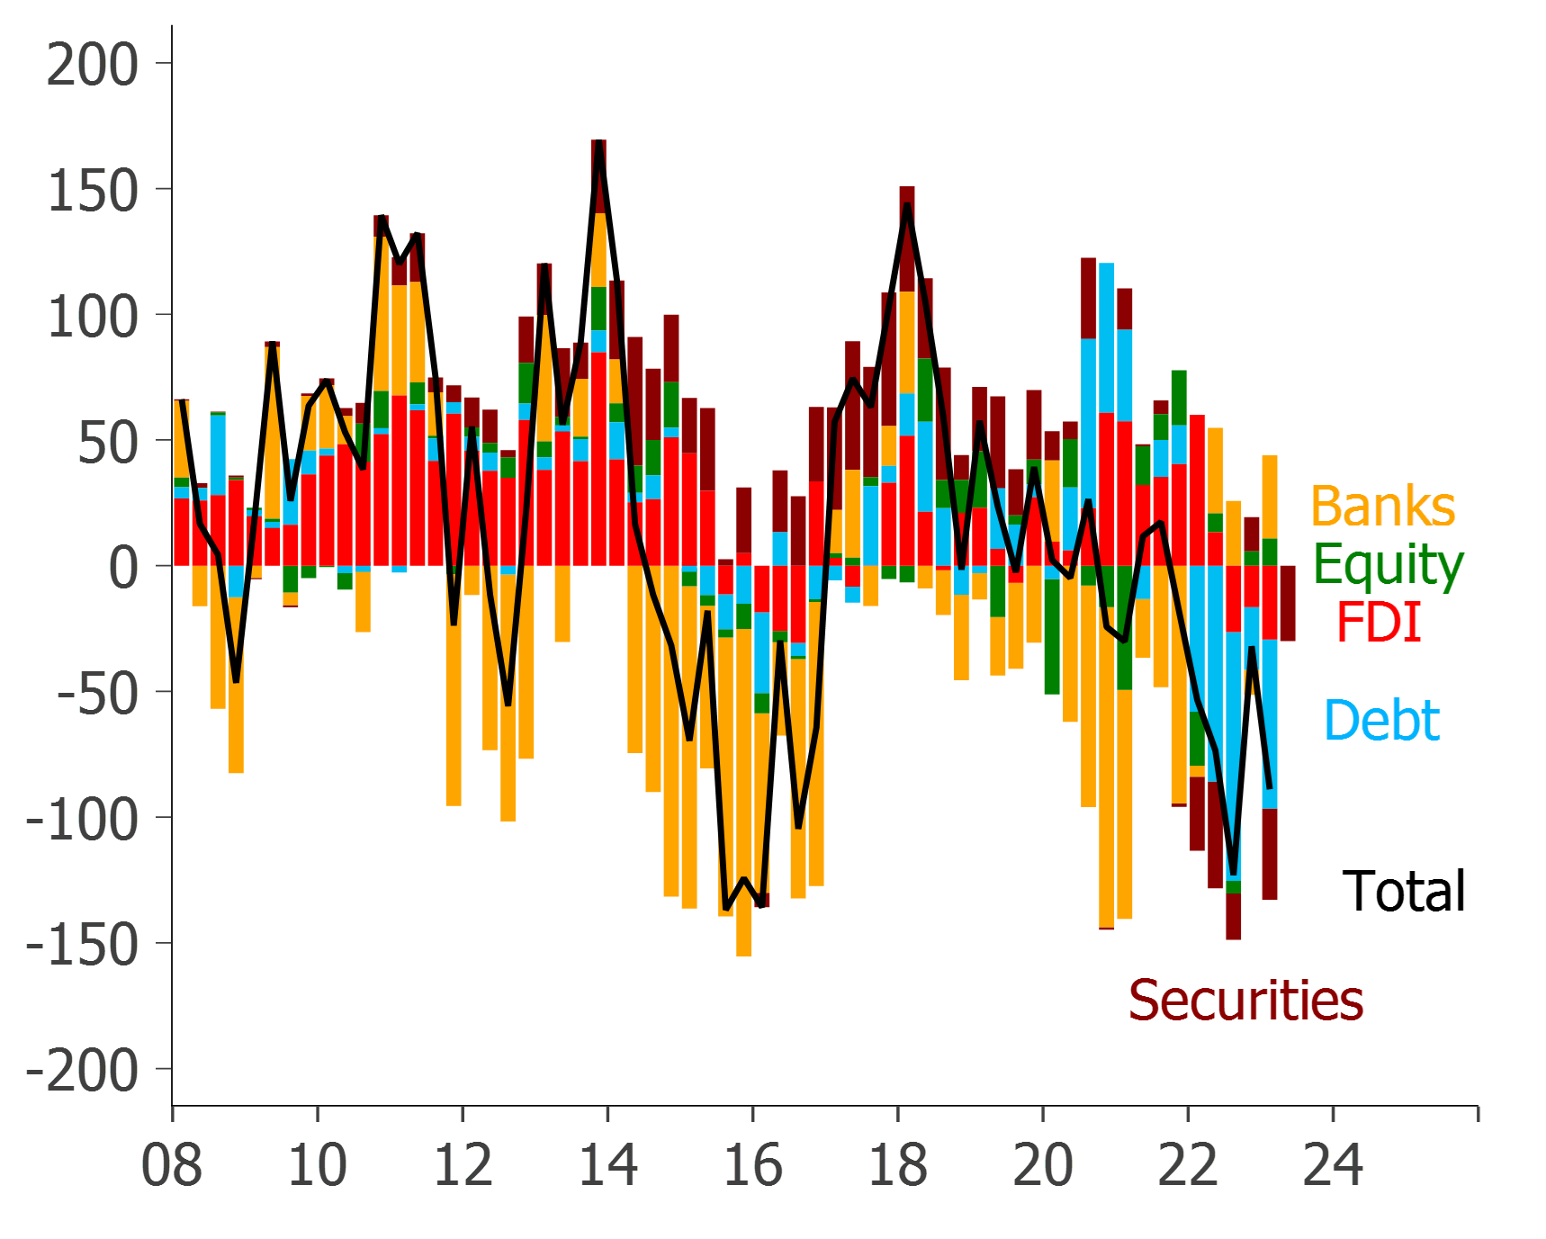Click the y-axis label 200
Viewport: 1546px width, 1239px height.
[x=92, y=65]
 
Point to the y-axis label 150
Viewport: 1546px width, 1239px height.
[x=92, y=191]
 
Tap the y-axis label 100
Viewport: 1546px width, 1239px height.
[x=92, y=317]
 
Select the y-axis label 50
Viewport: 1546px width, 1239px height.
[x=107, y=443]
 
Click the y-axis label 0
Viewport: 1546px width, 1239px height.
[x=123, y=568]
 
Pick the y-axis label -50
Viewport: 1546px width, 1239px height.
[x=97, y=694]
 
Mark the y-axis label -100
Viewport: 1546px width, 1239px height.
[x=82, y=820]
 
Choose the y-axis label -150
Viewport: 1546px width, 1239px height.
[x=82, y=946]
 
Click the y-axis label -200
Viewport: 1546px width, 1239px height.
[x=82, y=1071]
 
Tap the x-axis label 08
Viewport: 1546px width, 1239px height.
[x=172, y=1164]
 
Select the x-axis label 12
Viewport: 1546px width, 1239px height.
[x=463, y=1164]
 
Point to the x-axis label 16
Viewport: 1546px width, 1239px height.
[x=753, y=1164]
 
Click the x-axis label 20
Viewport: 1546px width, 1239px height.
[x=1043, y=1164]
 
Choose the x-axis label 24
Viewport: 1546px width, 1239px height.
[x=1333, y=1164]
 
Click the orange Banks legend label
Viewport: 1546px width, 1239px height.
[x=1383, y=506]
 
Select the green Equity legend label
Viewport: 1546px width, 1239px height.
[x=1389, y=564]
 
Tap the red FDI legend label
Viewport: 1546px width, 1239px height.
[x=1379, y=623]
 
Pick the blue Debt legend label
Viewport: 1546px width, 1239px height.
[x=1382, y=720]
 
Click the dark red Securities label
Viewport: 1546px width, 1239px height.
[x=1246, y=1000]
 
